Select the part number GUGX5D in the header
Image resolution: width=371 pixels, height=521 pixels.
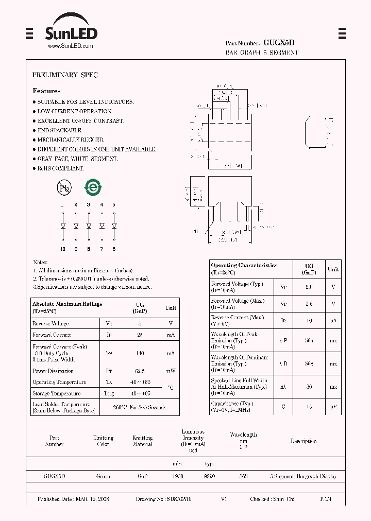click(x=279, y=43)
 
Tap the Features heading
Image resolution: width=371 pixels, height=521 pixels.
click(x=46, y=91)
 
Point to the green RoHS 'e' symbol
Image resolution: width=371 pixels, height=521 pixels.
click(x=93, y=187)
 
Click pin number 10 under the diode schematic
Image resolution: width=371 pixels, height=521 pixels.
click(x=63, y=249)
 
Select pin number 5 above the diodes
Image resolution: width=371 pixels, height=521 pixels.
click(x=114, y=205)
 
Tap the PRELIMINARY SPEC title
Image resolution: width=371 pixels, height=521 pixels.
click(x=65, y=75)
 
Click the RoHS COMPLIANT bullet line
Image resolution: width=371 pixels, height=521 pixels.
click(x=60, y=168)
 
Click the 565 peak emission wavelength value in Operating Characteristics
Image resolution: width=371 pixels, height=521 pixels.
click(x=309, y=340)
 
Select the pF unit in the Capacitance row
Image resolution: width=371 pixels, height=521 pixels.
click(x=333, y=407)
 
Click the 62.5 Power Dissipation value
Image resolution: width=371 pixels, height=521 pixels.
click(x=140, y=371)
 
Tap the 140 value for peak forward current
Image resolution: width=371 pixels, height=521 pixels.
click(x=140, y=354)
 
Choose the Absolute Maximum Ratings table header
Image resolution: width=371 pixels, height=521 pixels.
click(x=67, y=307)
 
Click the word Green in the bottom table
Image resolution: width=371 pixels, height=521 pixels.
click(x=103, y=476)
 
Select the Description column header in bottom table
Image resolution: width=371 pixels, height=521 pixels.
click(x=303, y=441)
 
